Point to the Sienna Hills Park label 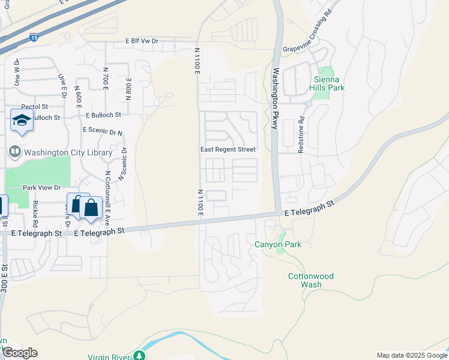tap(328, 83)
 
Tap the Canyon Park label tap(278, 244)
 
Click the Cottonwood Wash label tap(311, 280)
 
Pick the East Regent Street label tap(228, 149)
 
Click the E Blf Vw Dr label tap(142, 41)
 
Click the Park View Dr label tap(42, 188)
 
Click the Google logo tap(20, 353)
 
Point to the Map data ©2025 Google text tap(412, 355)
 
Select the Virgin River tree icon tap(139, 356)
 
